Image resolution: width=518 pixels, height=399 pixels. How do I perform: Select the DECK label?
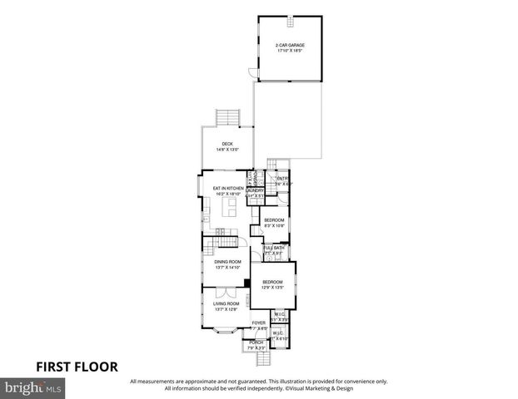tap(227, 145)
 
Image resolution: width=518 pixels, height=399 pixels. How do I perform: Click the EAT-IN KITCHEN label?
tap(227, 188)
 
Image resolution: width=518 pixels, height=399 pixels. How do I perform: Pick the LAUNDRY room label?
tap(255, 190)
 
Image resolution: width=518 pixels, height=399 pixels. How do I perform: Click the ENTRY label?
tap(281, 179)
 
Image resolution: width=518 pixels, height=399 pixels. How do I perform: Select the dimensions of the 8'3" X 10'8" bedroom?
tap(274, 225)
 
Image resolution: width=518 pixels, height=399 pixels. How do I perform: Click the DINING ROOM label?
tap(227, 262)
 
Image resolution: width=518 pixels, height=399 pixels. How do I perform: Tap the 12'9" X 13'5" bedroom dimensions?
tap(273, 288)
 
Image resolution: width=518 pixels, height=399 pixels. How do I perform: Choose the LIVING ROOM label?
tap(226, 304)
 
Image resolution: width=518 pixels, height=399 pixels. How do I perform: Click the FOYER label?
tap(259, 323)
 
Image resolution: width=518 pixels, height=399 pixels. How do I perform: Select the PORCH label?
tap(256, 342)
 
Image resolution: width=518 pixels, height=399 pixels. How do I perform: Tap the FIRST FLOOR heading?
tap(76, 366)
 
